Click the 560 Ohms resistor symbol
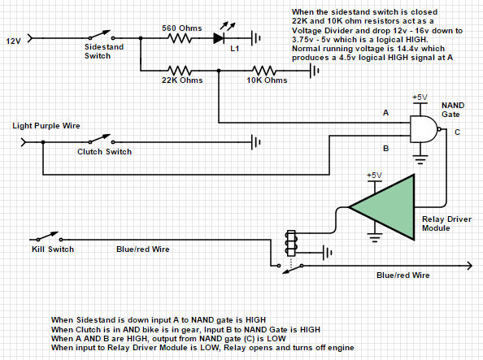[180, 38]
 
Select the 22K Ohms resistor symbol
[179, 71]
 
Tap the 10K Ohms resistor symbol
[264, 71]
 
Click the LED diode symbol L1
[219, 38]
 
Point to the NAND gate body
[424, 129]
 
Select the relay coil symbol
[291, 243]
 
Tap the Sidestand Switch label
[104, 51]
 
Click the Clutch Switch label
[104, 152]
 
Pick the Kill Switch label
[53, 249]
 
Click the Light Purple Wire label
[46, 126]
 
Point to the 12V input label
[13, 41]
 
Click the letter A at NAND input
[385, 113]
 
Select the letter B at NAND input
[385, 149]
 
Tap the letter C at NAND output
[457, 132]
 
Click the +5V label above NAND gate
[420, 98]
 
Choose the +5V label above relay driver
[374, 176]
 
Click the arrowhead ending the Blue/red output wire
[469, 266]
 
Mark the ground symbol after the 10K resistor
[314, 71]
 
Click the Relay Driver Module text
[446, 223]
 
